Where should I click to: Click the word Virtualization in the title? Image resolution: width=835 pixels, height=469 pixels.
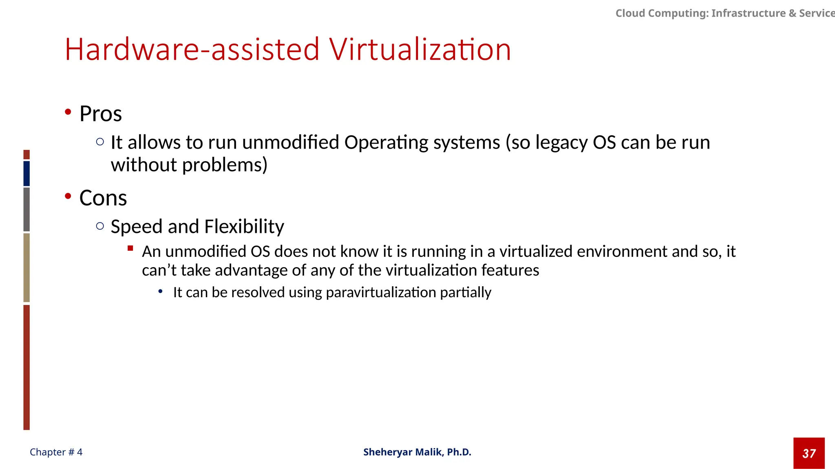[x=420, y=50]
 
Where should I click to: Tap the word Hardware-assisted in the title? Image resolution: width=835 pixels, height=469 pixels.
[x=192, y=50]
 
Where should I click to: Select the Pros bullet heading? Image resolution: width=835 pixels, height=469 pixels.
[x=101, y=114]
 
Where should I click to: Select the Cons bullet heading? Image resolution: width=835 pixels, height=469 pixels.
[x=103, y=198]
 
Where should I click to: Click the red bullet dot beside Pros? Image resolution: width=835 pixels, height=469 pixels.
[x=68, y=112]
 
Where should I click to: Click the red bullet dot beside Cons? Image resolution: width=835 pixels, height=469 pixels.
[x=68, y=196]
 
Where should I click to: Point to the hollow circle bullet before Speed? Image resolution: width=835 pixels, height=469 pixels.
[x=100, y=226]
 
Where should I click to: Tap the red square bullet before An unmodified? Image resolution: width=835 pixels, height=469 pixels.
[x=130, y=248]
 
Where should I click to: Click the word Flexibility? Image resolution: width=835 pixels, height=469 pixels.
[x=244, y=226]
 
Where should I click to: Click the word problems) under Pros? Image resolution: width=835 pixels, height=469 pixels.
[x=225, y=165]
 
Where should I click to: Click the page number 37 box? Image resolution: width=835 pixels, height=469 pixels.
[x=809, y=453]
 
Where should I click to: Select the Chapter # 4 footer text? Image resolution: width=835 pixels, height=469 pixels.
[x=56, y=452]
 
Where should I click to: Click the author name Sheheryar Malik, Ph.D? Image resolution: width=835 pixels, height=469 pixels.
[x=417, y=452]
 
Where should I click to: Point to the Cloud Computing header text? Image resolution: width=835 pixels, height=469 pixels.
[x=725, y=13]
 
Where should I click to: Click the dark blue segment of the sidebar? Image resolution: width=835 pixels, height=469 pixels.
[x=27, y=173]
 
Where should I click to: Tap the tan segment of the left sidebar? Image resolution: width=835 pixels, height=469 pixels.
[x=27, y=267]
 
